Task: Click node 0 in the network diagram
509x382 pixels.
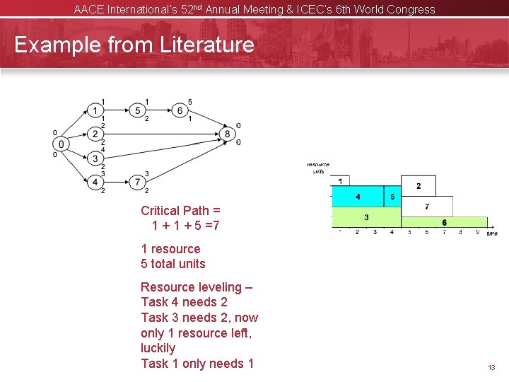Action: tap(62, 144)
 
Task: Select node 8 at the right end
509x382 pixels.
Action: tap(227, 134)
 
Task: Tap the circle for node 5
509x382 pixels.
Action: tap(139, 110)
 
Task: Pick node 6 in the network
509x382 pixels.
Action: tap(181, 110)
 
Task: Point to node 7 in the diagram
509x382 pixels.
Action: tap(139, 183)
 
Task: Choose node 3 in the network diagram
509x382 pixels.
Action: tap(96, 158)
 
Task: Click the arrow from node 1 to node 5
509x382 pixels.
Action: tap(117, 110)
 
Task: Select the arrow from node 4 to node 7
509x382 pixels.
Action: tap(117, 183)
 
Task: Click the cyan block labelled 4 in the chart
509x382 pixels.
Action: tap(358, 196)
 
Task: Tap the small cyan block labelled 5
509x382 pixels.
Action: tap(392, 196)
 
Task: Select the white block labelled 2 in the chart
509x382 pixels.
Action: tap(419, 186)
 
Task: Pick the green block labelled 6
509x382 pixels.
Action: tap(444, 222)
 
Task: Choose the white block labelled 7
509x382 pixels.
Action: tap(427, 207)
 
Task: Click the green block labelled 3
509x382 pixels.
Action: tap(366, 216)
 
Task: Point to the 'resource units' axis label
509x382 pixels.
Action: tap(319, 168)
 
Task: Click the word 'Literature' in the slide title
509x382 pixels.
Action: tap(206, 45)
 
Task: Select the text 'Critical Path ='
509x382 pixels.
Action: tap(180, 210)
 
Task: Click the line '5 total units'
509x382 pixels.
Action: tap(173, 264)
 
